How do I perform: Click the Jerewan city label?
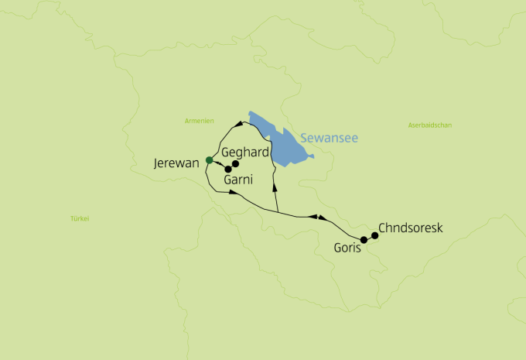click(177, 163)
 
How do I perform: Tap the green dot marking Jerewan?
click(209, 160)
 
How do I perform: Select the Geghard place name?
click(245, 152)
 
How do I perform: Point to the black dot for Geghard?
click(236, 163)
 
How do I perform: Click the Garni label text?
click(238, 180)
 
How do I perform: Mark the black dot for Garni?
click(228, 169)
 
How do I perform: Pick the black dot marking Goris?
click(364, 239)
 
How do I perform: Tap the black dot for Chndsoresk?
click(374, 235)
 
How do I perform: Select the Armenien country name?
click(198, 120)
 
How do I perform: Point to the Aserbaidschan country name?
click(430, 125)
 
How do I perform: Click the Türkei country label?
click(80, 218)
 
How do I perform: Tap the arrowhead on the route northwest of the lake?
click(237, 125)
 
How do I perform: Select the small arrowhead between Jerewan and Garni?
click(219, 164)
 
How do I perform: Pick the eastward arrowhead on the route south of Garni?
click(233, 191)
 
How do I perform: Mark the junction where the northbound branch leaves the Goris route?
click(278, 211)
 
